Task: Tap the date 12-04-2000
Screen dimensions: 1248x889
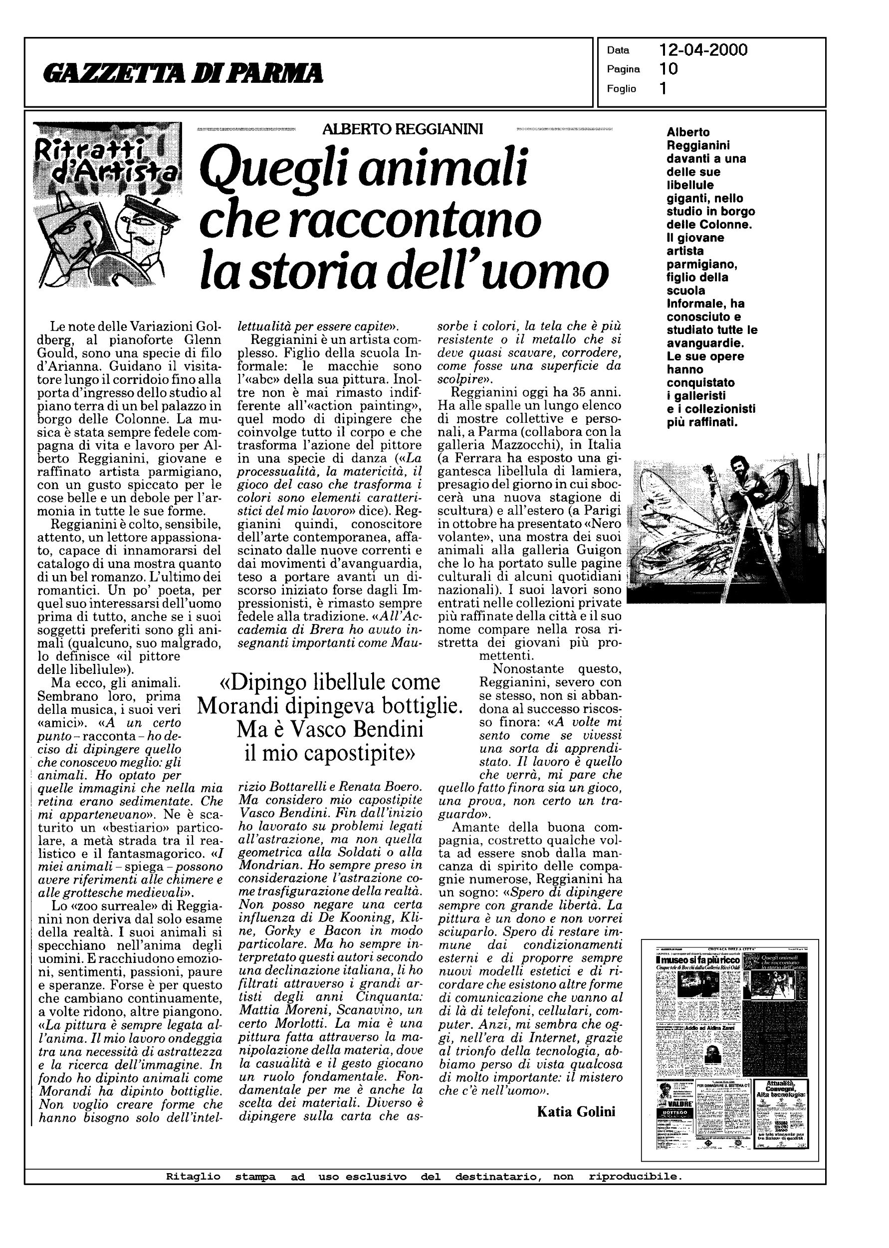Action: [x=703, y=50]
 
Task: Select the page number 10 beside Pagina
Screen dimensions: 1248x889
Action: [x=669, y=69]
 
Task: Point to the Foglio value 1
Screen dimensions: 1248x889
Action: [x=664, y=88]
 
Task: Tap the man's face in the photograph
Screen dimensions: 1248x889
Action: [x=743, y=469]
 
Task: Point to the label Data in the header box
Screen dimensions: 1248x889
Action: [x=618, y=51]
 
